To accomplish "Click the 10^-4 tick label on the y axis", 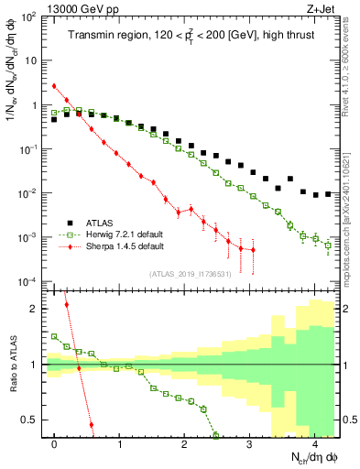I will tap(29, 281).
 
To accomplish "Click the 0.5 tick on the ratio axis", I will tap(33, 420).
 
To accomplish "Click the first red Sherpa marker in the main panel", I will tap(55, 86).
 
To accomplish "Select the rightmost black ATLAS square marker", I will tap(328, 194).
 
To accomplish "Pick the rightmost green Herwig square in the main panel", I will tap(328, 245).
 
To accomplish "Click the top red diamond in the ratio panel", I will tap(67, 304).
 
